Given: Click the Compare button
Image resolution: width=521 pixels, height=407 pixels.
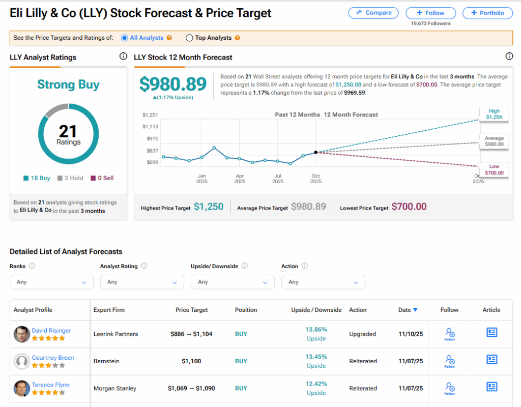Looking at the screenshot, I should tap(374, 13).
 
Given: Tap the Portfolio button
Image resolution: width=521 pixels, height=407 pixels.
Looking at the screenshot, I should tap(487, 13).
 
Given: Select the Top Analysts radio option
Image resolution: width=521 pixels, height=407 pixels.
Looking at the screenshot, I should tap(189, 38).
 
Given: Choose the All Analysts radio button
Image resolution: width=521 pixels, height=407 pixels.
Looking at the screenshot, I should tap(125, 38).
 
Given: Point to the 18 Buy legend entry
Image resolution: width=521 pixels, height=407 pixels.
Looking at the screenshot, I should tap(37, 178).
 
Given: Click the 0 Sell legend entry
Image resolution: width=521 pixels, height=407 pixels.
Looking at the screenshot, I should tap(102, 178).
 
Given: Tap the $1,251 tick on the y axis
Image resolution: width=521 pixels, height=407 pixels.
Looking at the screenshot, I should tap(151, 115).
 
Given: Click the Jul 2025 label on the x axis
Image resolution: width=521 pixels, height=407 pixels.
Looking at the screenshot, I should tap(278, 179).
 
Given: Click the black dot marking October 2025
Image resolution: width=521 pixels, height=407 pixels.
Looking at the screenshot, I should tap(316, 152).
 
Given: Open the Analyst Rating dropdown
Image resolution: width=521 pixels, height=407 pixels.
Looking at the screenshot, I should tap(142, 282).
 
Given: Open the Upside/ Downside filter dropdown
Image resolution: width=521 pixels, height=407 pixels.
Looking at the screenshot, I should tap(233, 282).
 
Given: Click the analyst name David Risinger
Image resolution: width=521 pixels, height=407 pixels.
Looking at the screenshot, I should tap(51, 330).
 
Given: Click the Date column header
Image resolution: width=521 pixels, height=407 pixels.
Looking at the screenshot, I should tap(408, 310).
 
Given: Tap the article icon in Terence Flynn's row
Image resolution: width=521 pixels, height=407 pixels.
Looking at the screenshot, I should tap(491, 387).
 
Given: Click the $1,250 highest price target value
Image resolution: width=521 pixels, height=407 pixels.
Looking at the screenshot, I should tap(209, 207).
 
